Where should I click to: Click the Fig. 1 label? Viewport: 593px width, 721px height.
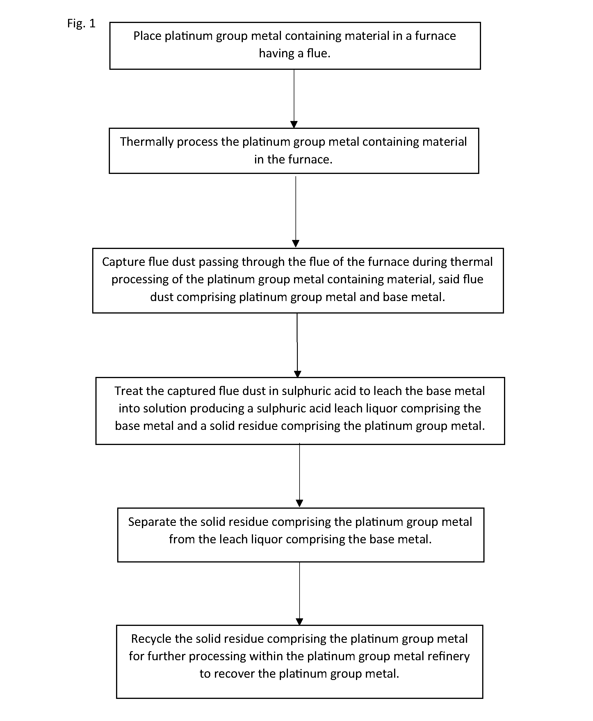81,24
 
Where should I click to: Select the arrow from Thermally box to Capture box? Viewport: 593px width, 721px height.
296,212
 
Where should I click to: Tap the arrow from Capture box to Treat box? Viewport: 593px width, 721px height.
297,345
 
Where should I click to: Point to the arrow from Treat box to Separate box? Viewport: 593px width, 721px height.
300,476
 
